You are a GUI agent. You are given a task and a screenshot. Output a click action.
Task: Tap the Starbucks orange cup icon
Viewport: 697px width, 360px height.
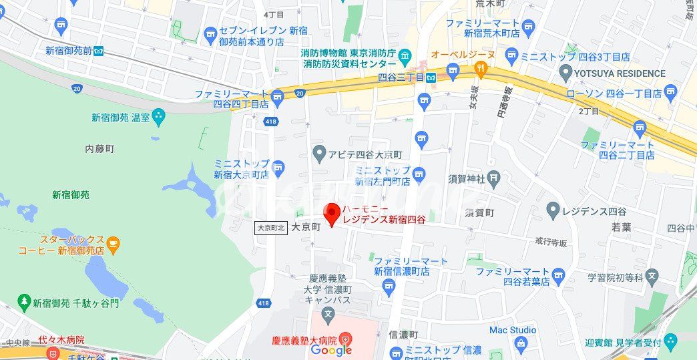pyautogui.click(x=113, y=245)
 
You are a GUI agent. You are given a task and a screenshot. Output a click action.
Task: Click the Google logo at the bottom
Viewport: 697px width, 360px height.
pyautogui.click(x=331, y=350)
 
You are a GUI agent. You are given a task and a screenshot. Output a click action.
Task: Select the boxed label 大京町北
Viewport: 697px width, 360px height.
pyautogui.click(x=271, y=228)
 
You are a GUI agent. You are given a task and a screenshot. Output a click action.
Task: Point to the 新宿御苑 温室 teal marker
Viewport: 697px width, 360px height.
pyautogui.click(x=158, y=118)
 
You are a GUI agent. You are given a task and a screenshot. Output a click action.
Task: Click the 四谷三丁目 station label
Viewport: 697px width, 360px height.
pyautogui.click(x=401, y=77)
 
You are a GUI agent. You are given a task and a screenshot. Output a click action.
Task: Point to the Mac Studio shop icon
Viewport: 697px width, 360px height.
pyautogui.click(x=521, y=343)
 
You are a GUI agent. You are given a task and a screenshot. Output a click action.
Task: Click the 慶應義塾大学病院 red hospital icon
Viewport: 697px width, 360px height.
pyautogui.click(x=344, y=339)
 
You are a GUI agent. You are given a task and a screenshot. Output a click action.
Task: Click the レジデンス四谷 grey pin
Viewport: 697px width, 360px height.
pyautogui.click(x=552, y=211)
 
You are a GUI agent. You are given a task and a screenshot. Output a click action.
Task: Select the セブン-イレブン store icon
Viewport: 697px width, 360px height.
pyautogui.click(x=211, y=32)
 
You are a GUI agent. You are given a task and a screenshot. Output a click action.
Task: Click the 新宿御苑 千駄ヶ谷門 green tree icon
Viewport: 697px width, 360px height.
pyautogui.click(x=25, y=303)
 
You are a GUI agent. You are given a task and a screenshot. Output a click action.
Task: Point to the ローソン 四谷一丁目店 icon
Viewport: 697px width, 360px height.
pyautogui.click(x=670, y=92)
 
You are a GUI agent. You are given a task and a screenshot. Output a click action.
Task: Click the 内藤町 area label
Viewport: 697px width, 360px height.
pyautogui.click(x=100, y=148)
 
